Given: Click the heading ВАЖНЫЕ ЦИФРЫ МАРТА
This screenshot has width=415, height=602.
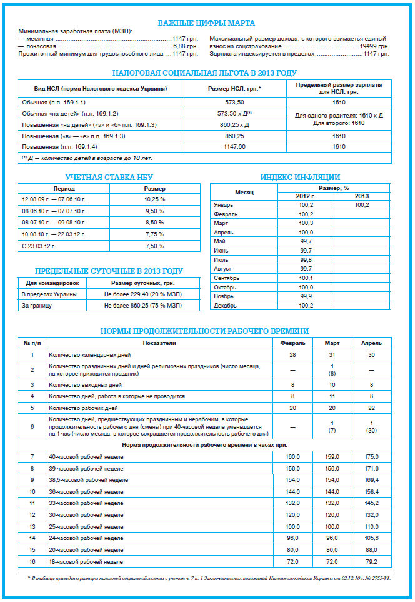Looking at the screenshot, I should point(206,23).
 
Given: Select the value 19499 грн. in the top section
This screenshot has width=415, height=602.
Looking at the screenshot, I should point(374,46).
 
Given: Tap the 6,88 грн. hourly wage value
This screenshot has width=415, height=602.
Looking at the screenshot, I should point(186,46).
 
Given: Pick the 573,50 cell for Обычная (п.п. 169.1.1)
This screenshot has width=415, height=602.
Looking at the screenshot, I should point(234,101).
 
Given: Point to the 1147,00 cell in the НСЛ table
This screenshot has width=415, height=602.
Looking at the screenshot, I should point(234,147).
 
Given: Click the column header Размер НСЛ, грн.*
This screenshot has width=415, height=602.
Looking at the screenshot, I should point(234,89).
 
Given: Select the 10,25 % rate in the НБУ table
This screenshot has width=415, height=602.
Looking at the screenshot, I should point(154,199).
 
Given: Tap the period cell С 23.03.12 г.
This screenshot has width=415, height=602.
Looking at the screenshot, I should point(39,246).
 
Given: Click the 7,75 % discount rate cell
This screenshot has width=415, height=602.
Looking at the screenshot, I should point(154,234).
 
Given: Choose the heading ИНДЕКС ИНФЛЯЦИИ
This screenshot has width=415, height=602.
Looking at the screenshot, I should point(300,178).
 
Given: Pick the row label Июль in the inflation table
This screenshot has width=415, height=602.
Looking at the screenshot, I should point(221,259).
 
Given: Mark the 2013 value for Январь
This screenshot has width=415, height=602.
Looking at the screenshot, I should point(361,205).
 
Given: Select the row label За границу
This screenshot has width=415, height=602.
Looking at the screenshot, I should point(36,306).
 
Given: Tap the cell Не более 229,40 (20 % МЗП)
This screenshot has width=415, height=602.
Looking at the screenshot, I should point(143,294).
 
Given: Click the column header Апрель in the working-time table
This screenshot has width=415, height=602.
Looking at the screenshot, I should point(371,343).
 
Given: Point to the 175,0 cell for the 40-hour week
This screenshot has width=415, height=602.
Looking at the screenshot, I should point(371,458).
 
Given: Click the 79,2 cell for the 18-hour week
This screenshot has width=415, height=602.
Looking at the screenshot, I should point(371,562).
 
